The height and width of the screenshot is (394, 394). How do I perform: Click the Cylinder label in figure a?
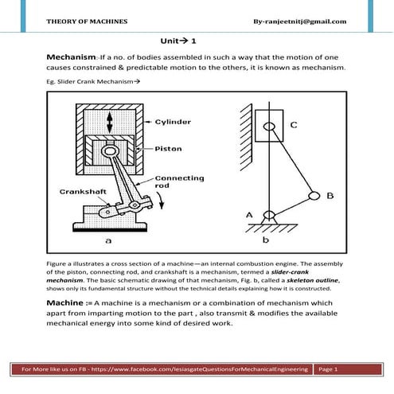(x=173, y=122)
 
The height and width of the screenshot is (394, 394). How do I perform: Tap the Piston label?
(x=168, y=149)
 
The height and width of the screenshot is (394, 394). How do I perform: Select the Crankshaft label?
(x=83, y=192)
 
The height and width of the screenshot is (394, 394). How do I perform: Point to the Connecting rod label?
(x=179, y=181)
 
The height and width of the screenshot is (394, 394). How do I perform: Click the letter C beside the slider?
(x=294, y=125)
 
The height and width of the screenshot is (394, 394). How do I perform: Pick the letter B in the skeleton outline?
(x=330, y=196)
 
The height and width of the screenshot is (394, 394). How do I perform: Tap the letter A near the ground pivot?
(x=249, y=215)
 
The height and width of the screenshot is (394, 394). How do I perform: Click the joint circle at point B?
(x=314, y=196)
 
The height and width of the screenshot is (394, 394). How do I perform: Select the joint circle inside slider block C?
(x=269, y=127)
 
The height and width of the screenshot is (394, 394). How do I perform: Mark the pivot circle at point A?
(x=269, y=215)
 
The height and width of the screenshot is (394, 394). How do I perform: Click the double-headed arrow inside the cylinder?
(x=109, y=123)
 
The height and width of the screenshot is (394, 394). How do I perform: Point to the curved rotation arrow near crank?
(x=160, y=201)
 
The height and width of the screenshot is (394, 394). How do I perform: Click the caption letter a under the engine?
(x=108, y=240)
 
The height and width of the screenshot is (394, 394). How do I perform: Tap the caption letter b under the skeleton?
(x=266, y=240)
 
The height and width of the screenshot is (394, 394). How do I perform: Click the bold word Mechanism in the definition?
(x=71, y=57)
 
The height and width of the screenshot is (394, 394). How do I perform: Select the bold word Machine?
(x=65, y=302)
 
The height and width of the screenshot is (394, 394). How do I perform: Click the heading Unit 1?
(x=178, y=41)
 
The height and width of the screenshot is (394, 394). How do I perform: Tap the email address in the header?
(x=300, y=21)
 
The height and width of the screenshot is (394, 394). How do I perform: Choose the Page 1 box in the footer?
(x=348, y=369)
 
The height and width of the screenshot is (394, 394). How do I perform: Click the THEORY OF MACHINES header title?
(x=87, y=21)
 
